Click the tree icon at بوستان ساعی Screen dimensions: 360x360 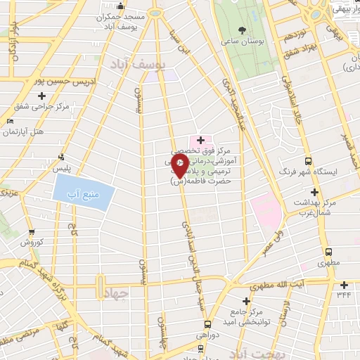pyautogui.click(x=243, y=30)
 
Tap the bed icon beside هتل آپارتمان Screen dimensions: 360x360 pyautogui.click(x=9, y=122)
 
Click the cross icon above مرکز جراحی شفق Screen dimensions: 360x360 pyautogui.click(x=42, y=96)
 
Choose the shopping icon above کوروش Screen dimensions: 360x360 pyautogui.click(x=32, y=231)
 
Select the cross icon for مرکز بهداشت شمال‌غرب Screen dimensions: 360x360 pyautogui.click(x=314, y=192)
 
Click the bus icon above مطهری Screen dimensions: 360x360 pyautogui.click(x=328, y=252)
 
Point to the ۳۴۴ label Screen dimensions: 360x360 pyautogui.click(x=344, y=295)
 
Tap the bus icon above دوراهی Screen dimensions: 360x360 pyautogui.click(x=207, y=325)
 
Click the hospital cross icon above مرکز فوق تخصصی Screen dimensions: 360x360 pyautogui.click(x=200, y=140)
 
